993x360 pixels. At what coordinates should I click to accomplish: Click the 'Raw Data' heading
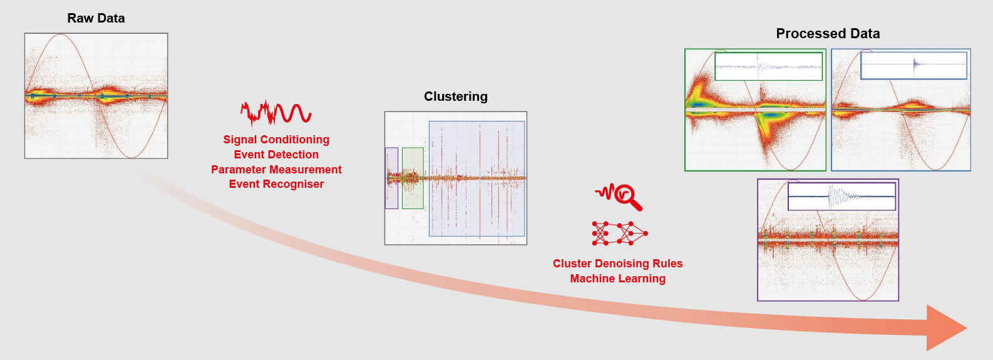(96, 18)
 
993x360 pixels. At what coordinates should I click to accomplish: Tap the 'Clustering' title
(456, 96)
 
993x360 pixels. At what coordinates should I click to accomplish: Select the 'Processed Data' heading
(828, 34)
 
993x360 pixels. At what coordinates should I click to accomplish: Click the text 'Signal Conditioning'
(276, 140)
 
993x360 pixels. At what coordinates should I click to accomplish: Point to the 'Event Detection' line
(276, 154)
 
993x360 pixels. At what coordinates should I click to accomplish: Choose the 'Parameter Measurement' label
(276, 170)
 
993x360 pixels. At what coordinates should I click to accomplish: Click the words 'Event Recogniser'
(276, 184)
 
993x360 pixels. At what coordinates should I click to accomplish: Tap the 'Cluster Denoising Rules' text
(617, 264)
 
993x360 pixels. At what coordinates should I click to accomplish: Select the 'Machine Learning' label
(617, 279)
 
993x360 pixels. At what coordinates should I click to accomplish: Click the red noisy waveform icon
(276, 113)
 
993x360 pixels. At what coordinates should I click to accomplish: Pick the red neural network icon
(620, 233)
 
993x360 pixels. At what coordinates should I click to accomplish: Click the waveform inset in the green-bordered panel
(769, 66)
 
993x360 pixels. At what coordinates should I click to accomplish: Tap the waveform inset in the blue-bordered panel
(913, 66)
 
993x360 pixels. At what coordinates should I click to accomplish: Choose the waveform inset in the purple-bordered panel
(842, 197)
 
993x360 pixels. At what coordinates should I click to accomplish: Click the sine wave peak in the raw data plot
(60, 34)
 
